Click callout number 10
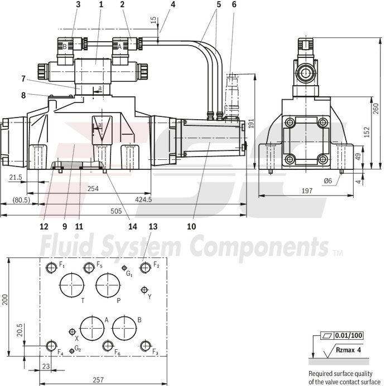click(191, 227)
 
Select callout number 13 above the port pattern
click(153, 227)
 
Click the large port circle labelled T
click(71, 285)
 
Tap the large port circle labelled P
click(108, 285)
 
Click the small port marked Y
click(144, 290)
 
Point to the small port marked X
click(71, 332)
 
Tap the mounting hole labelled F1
click(52, 268)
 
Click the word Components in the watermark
click(258, 245)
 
